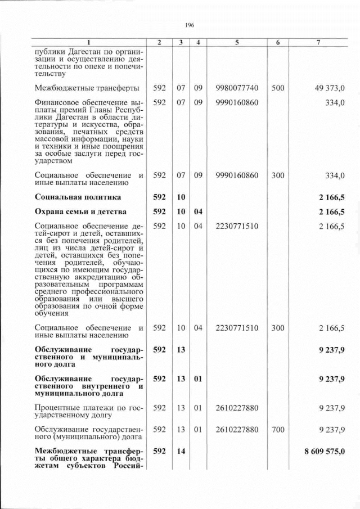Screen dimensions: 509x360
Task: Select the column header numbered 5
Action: click(x=237, y=43)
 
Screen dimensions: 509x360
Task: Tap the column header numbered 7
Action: click(x=319, y=43)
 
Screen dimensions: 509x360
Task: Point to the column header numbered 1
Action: click(x=89, y=43)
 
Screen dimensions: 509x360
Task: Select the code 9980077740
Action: click(x=237, y=88)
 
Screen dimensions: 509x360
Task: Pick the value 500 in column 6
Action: click(x=278, y=88)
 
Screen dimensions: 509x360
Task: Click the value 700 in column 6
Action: click(x=278, y=430)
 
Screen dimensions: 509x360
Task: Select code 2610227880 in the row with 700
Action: click(x=237, y=430)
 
